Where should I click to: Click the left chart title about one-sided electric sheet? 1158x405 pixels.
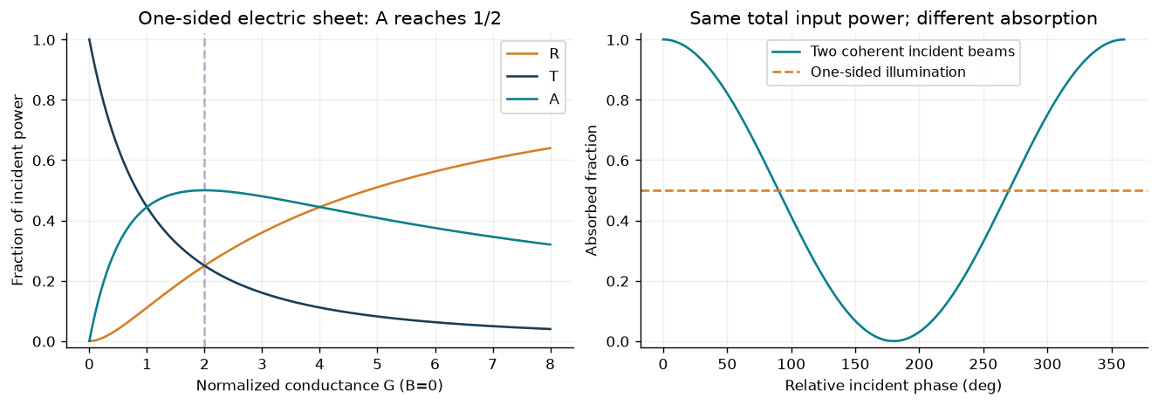tap(319, 18)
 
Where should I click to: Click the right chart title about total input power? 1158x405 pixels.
tap(894, 18)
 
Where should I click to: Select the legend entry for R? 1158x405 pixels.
tap(532, 54)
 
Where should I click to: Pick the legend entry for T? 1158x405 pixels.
tap(532, 77)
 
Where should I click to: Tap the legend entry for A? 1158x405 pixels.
tap(532, 100)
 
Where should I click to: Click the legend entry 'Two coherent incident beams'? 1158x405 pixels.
tap(894, 51)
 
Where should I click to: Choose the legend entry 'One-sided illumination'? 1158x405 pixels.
tap(868, 72)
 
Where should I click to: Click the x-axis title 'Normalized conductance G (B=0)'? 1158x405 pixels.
tap(319, 386)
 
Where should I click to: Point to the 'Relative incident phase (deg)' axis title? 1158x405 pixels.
tap(894, 386)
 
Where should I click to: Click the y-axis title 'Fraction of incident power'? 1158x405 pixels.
tap(17, 189)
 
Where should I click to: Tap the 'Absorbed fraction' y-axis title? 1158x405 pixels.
tap(592, 190)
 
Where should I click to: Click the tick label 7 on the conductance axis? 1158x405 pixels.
tap(493, 365)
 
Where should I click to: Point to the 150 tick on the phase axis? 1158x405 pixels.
tap(855, 365)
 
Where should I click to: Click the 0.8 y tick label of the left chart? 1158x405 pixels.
tap(43, 100)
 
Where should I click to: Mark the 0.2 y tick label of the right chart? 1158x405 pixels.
tap(617, 282)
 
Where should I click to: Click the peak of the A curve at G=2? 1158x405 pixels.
tap(205, 190)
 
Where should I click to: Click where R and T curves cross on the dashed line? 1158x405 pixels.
tap(205, 266)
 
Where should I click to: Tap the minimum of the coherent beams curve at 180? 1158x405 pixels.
tap(894, 341)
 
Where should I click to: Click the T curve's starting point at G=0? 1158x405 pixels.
tap(89, 40)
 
